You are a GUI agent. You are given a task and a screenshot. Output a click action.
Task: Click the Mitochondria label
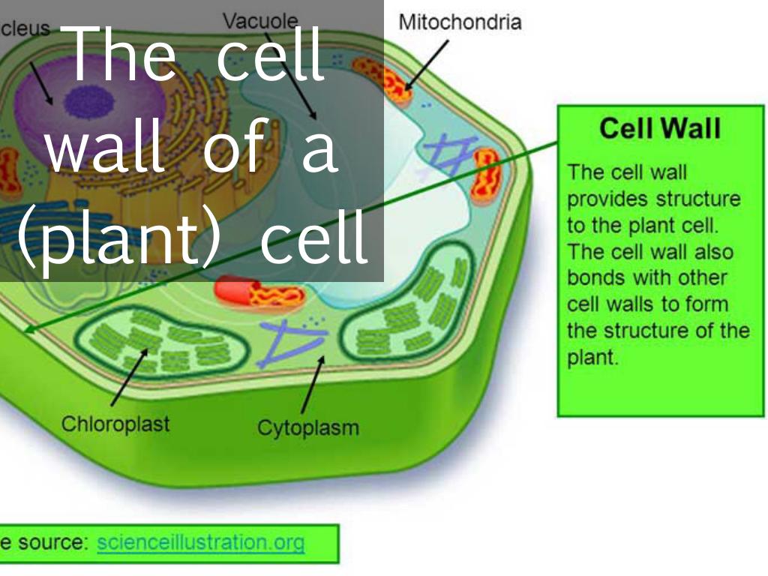[x=460, y=22]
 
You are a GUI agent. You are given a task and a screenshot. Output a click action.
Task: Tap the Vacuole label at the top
[x=260, y=21]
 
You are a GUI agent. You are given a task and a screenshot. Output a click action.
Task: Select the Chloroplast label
[x=115, y=424]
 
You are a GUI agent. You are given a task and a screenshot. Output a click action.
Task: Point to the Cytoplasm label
[x=308, y=428]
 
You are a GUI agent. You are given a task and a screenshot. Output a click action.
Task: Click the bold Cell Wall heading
[x=660, y=128]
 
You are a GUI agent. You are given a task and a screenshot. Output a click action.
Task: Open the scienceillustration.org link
[x=201, y=543]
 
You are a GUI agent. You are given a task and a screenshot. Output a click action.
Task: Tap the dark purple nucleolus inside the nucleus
[x=90, y=102]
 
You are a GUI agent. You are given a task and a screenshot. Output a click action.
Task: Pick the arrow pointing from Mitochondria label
[x=427, y=65]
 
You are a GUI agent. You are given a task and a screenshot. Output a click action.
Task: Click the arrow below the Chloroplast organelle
[x=129, y=377]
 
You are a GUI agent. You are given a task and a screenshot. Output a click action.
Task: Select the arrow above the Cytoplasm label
[x=313, y=385]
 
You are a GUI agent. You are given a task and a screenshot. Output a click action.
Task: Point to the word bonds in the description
[x=595, y=277]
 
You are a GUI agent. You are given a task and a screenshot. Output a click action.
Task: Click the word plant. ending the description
[x=592, y=358]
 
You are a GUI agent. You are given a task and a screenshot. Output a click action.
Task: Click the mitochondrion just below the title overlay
[x=259, y=292]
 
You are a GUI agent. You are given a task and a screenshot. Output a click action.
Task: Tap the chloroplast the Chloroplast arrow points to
[x=162, y=342]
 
